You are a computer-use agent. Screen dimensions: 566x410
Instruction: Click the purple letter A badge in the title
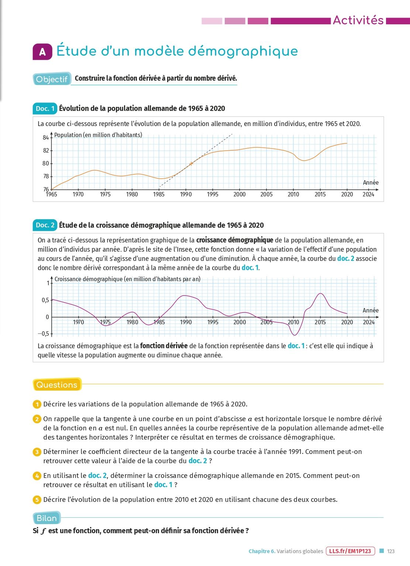42,52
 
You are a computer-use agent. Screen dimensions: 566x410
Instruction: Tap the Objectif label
52,79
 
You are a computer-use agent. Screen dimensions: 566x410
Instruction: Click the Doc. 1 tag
45,108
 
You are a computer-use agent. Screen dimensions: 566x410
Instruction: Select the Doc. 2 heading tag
45,225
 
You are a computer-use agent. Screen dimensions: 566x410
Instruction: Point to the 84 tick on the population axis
46,138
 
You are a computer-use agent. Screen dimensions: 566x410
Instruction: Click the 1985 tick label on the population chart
159,195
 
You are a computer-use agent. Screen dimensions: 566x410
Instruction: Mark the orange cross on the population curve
191,164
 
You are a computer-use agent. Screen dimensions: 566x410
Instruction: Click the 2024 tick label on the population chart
368,195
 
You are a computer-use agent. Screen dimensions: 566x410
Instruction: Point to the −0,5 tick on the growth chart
43,334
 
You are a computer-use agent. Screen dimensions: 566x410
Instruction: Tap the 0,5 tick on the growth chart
45,300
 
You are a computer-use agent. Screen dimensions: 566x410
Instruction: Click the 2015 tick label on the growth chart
320,322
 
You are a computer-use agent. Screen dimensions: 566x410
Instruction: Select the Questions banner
57,385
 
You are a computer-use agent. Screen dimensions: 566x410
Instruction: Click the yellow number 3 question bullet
37,452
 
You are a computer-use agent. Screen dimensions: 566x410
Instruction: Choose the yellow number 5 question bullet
37,500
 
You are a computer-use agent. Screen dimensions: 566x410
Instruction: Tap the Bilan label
47,518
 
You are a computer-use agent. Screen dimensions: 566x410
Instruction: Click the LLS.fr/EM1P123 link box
350,551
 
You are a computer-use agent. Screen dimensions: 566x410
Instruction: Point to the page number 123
391,551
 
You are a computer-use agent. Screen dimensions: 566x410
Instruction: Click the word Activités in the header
358,20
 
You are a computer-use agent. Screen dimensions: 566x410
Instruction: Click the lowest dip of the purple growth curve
294,335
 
